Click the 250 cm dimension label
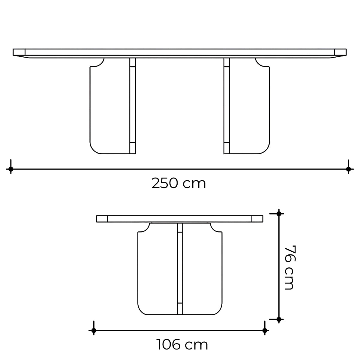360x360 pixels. (x=178, y=183)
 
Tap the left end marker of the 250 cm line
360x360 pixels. (x=11, y=169)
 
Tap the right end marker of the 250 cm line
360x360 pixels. (x=349, y=169)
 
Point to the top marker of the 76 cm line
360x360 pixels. (x=279, y=214)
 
